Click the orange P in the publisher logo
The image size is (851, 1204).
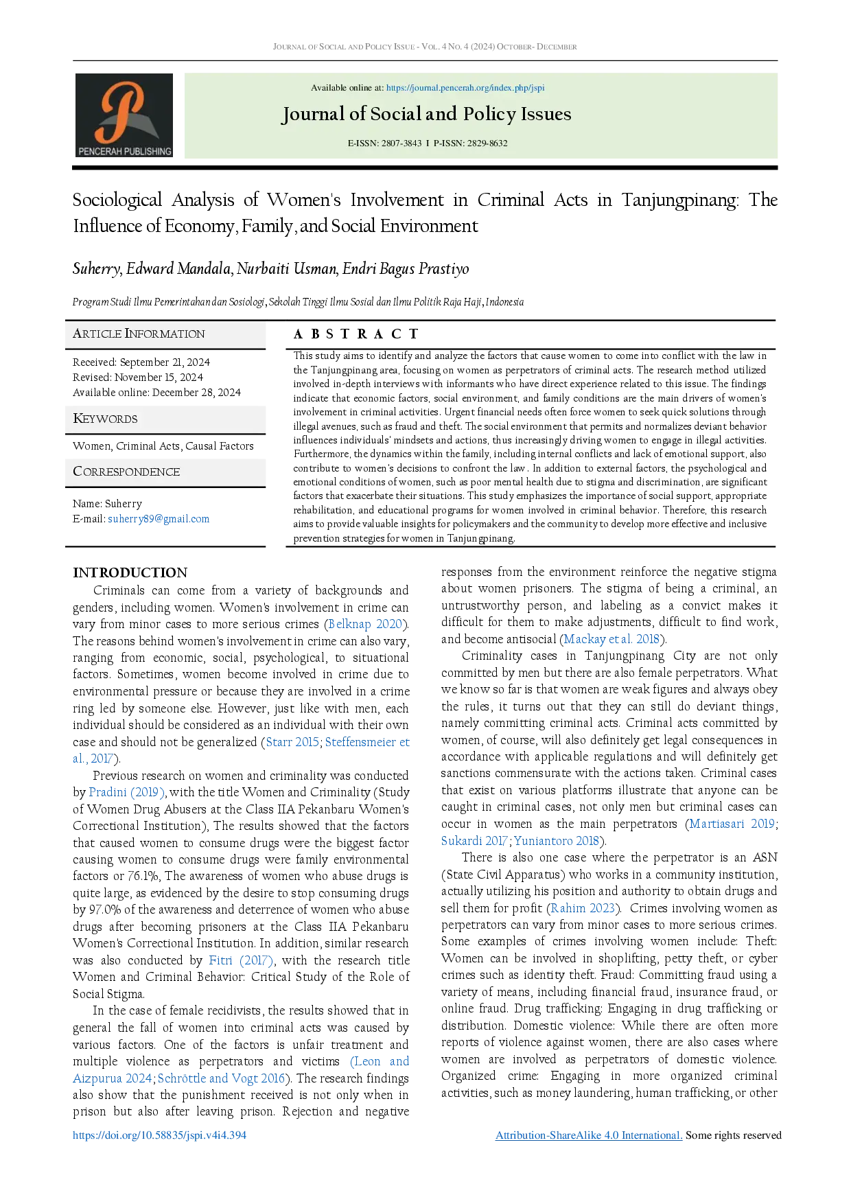point(123,110)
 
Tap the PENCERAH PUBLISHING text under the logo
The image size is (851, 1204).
point(124,151)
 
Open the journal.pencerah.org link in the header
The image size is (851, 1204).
point(465,88)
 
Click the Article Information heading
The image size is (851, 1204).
point(139,334)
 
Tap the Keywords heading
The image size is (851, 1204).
point(105,419)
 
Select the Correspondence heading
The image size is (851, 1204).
point(126,472)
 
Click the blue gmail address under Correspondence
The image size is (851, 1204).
point(159,520)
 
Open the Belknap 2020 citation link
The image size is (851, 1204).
point(366,624)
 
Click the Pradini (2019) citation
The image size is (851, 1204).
point(126,792)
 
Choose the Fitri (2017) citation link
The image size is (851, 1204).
point(241,962)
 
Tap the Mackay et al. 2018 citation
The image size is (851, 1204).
point(611,639)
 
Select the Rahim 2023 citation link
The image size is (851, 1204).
point(582,908)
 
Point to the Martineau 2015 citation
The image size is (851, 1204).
point(732,824)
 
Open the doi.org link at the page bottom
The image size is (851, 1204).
point(159,1135)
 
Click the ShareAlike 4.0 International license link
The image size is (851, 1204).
point(589,1135)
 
